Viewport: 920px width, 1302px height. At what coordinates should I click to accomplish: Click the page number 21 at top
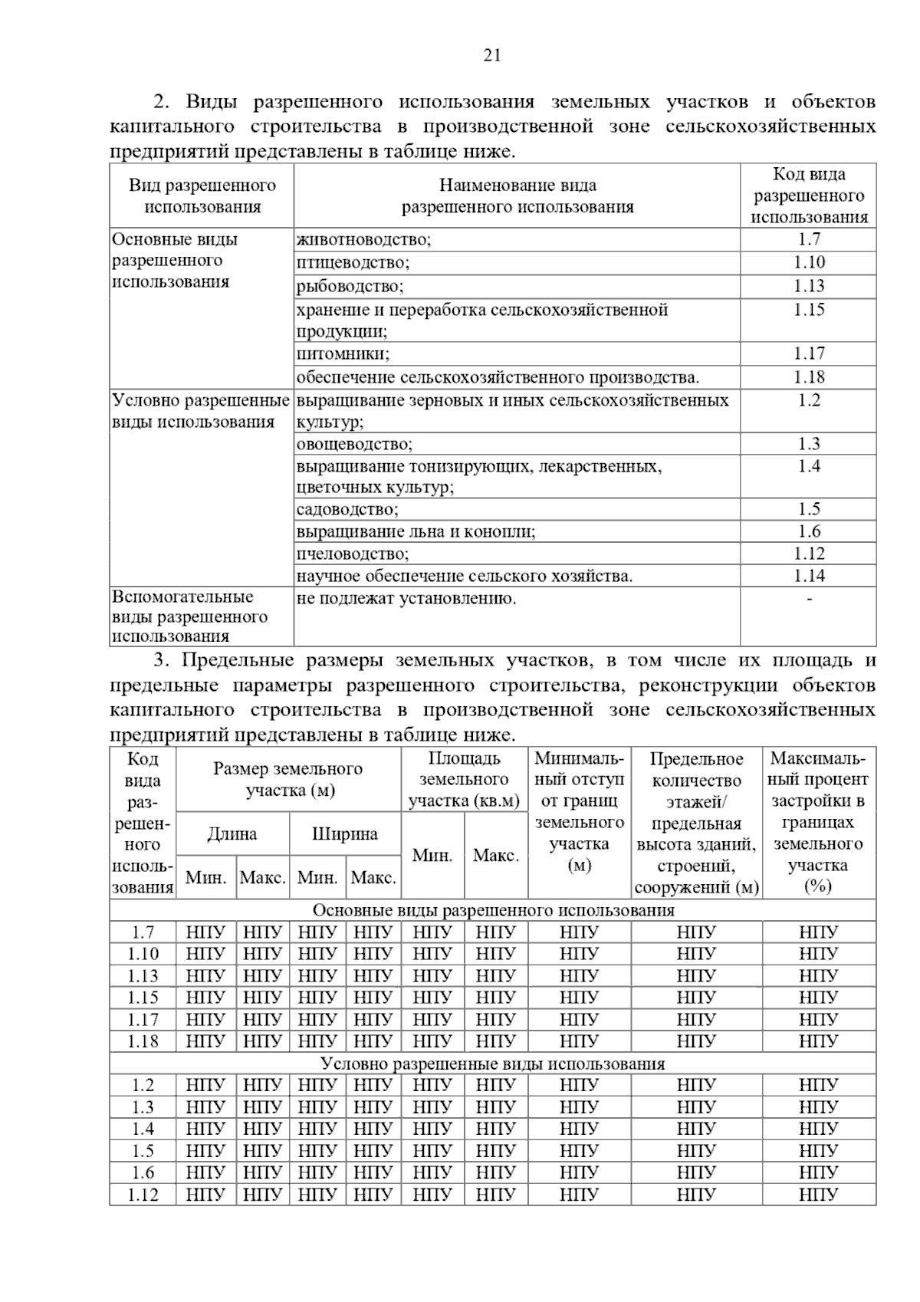coord(492,54)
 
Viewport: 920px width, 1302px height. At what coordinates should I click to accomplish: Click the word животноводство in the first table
coord(363,239)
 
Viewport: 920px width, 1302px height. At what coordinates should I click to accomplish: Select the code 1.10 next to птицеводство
coord(809,262)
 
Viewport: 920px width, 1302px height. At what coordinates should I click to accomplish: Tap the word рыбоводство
coord(350,286)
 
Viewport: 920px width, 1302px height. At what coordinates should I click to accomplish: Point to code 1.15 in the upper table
coord(809,310)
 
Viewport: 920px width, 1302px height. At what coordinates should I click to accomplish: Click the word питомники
coord(343,353)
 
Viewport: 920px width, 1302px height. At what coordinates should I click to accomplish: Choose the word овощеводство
coord(354,444)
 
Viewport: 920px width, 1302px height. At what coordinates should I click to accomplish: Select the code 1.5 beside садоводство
coord(809,509)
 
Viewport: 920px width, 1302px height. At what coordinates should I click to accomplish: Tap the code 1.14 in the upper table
coord(809,576)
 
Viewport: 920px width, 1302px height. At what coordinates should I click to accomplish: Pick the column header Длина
coord(232,834)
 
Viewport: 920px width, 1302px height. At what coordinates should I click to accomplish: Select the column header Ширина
coord(345,834)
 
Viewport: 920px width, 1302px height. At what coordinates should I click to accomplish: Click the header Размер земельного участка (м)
coord(288,779)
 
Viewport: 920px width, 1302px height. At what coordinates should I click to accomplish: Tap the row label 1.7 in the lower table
coord(143,932)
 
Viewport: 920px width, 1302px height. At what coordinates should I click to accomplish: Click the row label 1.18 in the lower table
coord(143,1041)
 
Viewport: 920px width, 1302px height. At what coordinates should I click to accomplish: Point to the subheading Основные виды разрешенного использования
coord(493,910)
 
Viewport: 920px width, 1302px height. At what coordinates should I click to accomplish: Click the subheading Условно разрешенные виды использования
coord(493,1064)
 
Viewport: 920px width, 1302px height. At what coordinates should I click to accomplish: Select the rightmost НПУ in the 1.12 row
coord(818,1195)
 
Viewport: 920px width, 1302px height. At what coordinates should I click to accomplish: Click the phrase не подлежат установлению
coord(406,599)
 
